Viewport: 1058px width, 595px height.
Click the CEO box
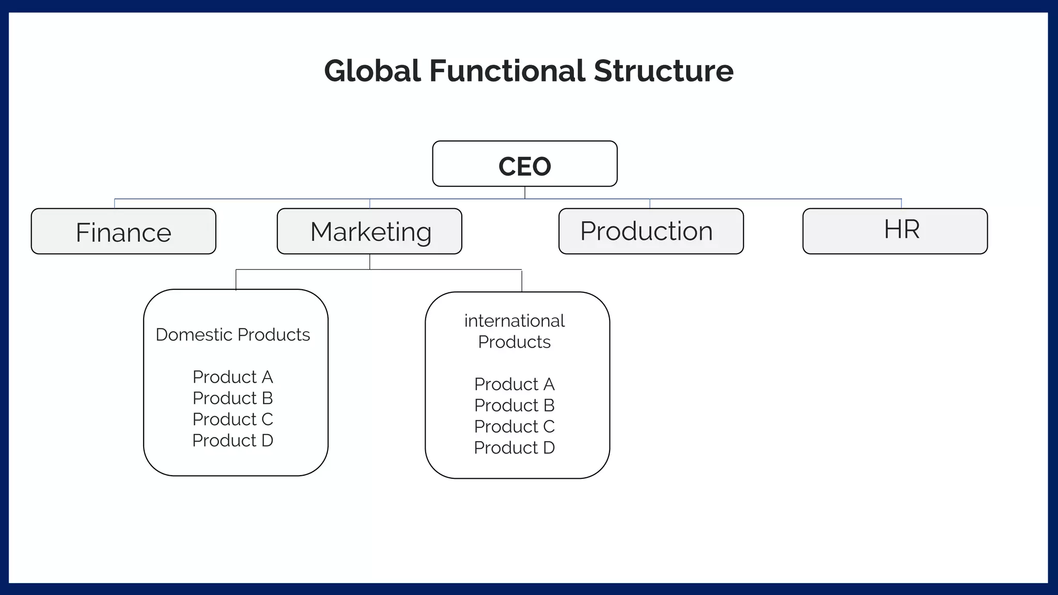[x=524, y=164]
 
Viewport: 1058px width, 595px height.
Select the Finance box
[x=123, y=231]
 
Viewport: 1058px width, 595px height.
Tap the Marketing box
[x=369, y=231]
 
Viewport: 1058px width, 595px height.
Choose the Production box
[x=651, y=231]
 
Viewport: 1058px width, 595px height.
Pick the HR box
[x=895, y=230]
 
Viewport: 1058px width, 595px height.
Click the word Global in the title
[x=372, y=71]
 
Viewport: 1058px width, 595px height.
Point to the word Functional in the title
[x=507, y=71]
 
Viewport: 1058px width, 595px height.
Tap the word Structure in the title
[x=663, y=71]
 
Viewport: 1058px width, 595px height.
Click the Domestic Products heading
[x=232, y=335]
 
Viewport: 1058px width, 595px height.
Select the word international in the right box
[x=514, y=321]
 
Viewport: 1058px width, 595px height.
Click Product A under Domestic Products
[x=232, y=377]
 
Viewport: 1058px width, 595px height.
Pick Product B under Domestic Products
[x=232, y=398]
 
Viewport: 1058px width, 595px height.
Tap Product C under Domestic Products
[x=232, y=419]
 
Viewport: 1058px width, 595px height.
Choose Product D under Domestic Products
[x=232, y=441]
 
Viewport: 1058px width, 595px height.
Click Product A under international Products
[x=514, y=384]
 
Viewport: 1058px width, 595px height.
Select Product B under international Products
[x=514, y=405]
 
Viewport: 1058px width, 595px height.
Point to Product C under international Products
[x=514, y=427]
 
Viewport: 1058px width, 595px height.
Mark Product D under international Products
[x=514, y=448]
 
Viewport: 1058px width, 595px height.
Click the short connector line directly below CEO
[x=525, y=193]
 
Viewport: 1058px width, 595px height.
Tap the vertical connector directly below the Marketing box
[x=370, y=262]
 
